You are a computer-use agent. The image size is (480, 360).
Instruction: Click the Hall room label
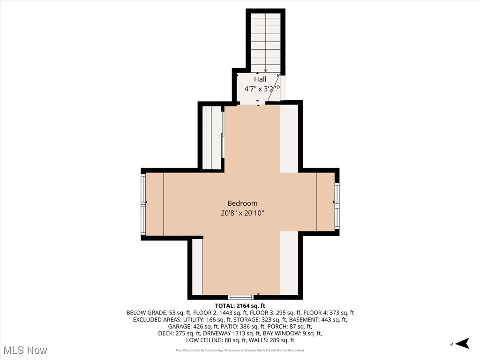click(260, 79)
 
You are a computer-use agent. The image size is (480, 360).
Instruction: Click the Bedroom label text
click(242, 203)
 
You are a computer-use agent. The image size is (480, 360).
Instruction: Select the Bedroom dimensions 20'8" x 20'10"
click(242, 213)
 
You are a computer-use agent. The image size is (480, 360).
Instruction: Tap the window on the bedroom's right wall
click(337, 205)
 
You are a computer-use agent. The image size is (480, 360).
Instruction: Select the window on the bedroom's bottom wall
click(240, 297)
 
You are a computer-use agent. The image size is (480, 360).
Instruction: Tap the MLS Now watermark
click(25, 350)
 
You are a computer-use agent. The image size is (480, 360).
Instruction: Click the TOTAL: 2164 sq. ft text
click(240, 305)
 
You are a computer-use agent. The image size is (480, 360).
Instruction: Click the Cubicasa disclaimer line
click(240, 350)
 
